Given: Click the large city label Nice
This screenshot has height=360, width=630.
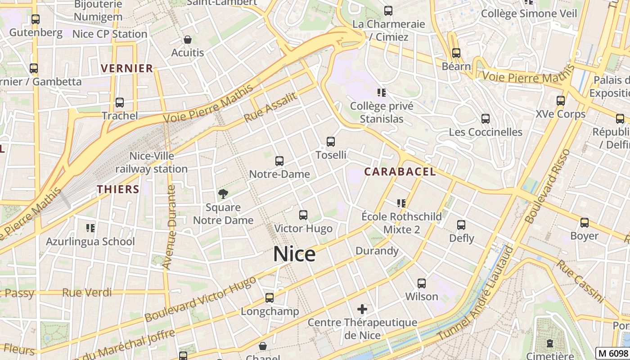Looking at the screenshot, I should tap(294, 254).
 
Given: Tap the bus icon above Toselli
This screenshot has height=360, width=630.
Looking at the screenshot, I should tap(331, 142).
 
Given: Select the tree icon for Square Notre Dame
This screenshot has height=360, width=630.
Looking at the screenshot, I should tap(223, 194).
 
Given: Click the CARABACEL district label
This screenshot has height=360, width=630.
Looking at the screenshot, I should tap(400, 171).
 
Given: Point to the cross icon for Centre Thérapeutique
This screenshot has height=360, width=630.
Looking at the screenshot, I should tap(362, 309).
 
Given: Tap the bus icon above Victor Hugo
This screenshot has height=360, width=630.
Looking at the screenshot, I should tap(303, 215).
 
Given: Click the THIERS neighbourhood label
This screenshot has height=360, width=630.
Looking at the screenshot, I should tap(118, 189).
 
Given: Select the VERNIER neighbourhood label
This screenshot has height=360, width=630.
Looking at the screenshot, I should tap(127, 68).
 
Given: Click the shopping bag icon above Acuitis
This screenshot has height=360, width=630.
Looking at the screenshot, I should tap(188, 40).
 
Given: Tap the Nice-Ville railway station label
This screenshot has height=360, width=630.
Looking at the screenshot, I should tap(152, 162).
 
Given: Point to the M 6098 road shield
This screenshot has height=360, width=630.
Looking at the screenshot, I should tap(612, 353).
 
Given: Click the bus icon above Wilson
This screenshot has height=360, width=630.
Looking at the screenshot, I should tap(422, 283).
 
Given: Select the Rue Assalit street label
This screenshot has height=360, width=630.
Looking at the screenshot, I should tap(270, 108).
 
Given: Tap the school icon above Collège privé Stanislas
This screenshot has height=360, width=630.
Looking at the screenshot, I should tap(382, 93).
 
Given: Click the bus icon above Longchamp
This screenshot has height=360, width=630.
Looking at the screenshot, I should tap(270, 298).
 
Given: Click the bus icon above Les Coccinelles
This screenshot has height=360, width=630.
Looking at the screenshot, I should tap(486, 119).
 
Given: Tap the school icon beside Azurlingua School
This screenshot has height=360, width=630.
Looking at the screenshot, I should tap(90, 228).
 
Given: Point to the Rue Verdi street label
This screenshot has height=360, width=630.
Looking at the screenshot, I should tap(87, 292).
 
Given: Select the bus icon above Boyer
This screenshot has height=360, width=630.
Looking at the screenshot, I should tap(585, 223).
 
